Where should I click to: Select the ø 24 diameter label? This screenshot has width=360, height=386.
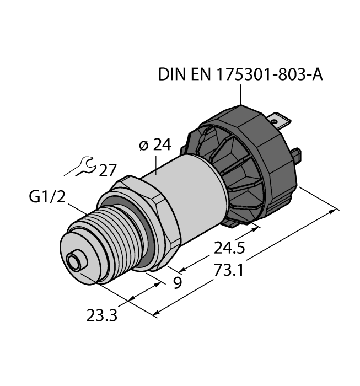155,146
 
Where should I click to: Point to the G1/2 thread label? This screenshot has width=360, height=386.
47,197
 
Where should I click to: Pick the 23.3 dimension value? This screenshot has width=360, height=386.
103,317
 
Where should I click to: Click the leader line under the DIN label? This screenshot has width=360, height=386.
241,95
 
